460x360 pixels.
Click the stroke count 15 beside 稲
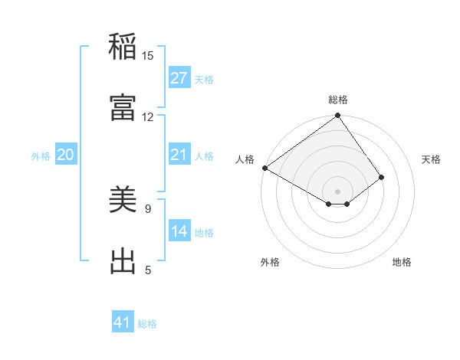[x=148, y=55]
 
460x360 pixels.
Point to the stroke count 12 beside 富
[x=148, y=116]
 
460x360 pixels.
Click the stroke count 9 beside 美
[x=148, y=208]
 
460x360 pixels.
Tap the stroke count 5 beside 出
[x=148, y=270]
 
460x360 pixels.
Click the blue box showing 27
[x=179, y=77]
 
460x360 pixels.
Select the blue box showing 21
[x=179, y=155]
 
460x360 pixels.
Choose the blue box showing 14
[x=179, y=231]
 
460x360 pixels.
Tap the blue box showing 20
[x=66, y=155]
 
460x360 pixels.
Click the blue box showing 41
[x=123, y=322]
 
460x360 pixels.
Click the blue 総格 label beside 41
[x=147, y=324]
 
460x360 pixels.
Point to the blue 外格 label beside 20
[x=41, y=156]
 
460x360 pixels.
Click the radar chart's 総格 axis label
[x=338, y=100]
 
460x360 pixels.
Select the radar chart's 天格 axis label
[x=431, y=159]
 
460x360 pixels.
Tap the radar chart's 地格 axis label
[x=402, y=262]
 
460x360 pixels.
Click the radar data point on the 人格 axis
[x=264, y=168]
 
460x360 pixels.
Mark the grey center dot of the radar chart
[x=338, y=191]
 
